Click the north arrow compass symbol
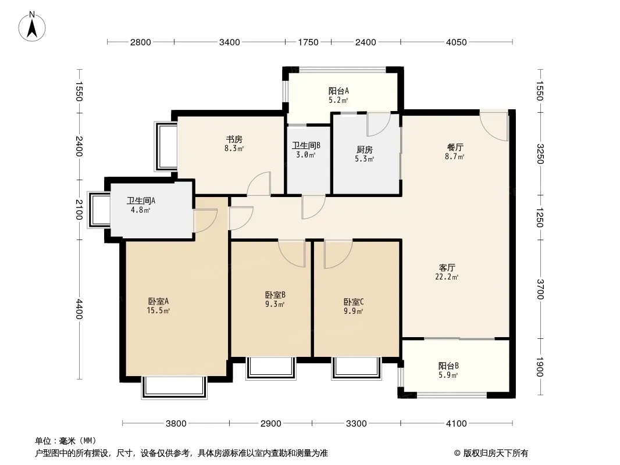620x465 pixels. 32,27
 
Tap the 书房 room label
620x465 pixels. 234,139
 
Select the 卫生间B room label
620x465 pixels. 306,145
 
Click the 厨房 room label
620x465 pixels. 364,150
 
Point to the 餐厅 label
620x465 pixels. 455,148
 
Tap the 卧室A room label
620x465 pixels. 158,302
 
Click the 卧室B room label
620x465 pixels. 275,295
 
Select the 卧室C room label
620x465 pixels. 354,302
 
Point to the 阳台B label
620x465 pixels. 448,366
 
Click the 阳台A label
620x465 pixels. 338,91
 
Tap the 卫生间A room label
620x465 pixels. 141,201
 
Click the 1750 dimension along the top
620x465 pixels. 308,42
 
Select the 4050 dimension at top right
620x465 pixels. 457,42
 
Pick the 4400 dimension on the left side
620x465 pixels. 79,309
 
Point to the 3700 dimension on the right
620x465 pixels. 540,289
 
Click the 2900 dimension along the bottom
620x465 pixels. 271,424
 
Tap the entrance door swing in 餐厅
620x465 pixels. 495,127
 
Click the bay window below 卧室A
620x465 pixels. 174,388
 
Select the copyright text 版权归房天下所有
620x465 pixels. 496,453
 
